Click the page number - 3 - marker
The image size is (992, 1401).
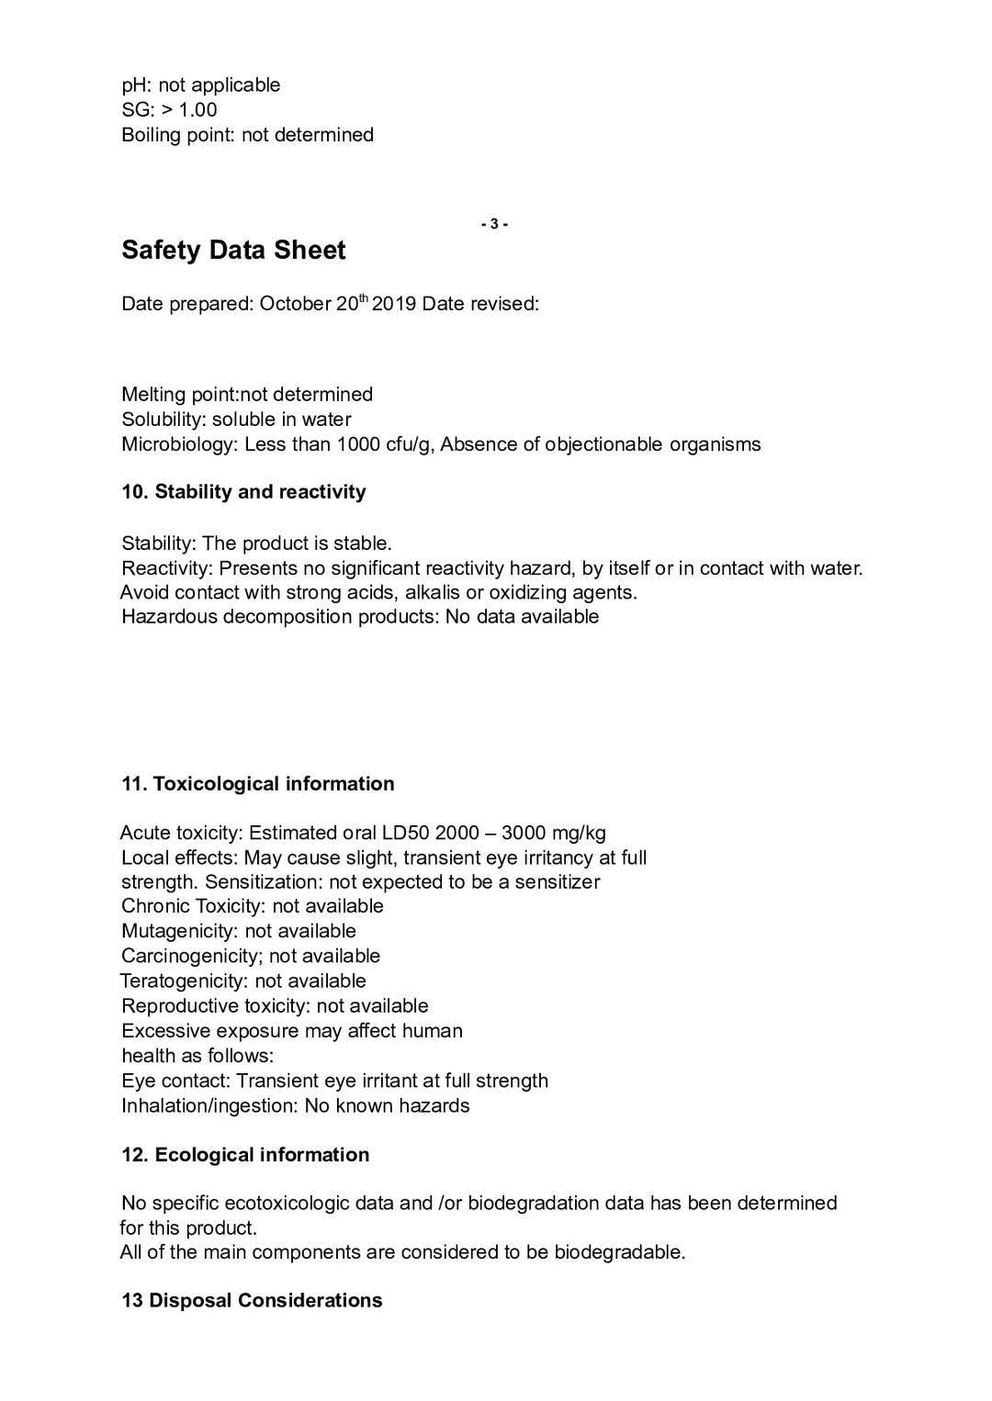tap(494, 224)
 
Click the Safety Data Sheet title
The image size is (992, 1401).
tap(233, 250)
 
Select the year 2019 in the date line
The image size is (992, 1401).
tap(394, 304)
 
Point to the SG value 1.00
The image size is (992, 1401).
tap(197, 110)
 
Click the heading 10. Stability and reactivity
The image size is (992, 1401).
tap(243, 492)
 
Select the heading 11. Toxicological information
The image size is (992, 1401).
tap(257, 784)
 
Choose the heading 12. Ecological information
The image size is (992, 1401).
tap(245, 1155)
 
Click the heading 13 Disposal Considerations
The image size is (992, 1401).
tap(252, 1301)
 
